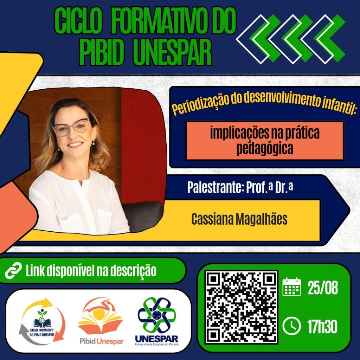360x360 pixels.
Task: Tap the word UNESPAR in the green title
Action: coord(172,52)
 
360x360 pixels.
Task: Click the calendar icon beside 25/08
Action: coord(291,287)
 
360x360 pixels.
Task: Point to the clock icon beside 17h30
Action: coord(291,326)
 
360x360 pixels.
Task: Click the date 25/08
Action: coord(323,288)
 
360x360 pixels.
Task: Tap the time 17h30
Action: coord(322,326)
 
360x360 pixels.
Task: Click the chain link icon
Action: coord(14,270)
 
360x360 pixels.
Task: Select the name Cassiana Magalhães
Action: coord(239,219)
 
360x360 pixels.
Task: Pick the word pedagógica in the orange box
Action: coord(265,149)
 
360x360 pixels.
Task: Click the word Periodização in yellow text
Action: coord(200,105)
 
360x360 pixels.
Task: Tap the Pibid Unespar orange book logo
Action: coord(100,321)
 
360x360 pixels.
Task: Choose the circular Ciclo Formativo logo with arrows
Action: coord(42,321)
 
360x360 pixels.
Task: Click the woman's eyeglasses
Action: coord(71,127)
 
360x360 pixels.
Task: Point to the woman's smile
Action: coord(75,144)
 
